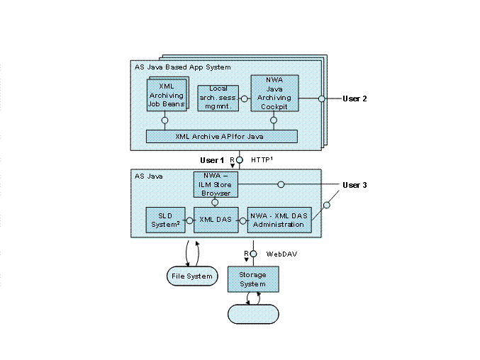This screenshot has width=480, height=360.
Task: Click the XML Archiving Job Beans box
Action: (x=165, y=95)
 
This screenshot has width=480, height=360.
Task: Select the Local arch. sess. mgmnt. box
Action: (x=218, y=97)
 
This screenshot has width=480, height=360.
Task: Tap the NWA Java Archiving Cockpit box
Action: (x=274, y=93)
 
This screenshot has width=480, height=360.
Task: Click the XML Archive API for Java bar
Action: (x=221, y=136)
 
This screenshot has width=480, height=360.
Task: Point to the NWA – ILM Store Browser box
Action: (x=216, y=184)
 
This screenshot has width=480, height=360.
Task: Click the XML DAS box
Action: (x=215, y=220)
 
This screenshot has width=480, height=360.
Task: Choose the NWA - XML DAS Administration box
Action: (x=279, y=220)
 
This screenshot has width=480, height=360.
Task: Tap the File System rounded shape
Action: (x=191, y=276)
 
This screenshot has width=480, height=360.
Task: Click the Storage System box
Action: (x=253, y=279)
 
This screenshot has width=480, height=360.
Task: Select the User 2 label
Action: (x=355, y=99)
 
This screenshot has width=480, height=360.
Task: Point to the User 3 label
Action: (x=355, y=185)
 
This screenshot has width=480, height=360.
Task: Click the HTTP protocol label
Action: (x=262, y=160)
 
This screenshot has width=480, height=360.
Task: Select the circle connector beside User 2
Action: (x=321, y=99)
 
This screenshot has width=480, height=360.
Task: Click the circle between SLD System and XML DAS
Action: (x=189, y=220)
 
